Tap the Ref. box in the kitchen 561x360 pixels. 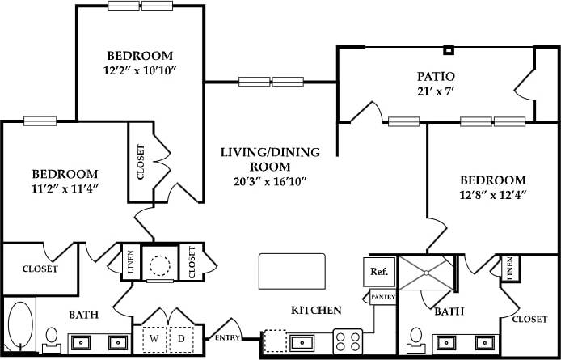[x=378, y=272]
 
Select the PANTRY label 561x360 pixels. [x=382, y=298]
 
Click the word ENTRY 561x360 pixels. [x=227, y=337]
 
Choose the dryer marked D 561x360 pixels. [x=181, y=337]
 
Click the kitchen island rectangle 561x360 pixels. [x=292, y=270]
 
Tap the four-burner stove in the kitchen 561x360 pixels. [x=348, y=341]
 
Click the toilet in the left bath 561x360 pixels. [x=51, y=337]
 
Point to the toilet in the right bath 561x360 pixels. [x=415, y=337]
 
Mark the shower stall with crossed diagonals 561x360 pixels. [x=428, y=277]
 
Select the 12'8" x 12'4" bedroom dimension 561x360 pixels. [x=492, y=195]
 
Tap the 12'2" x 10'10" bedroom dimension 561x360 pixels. [x=141, y=70]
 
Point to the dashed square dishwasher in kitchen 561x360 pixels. [x=275, y=341]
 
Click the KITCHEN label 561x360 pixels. [x=316, y=310]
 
